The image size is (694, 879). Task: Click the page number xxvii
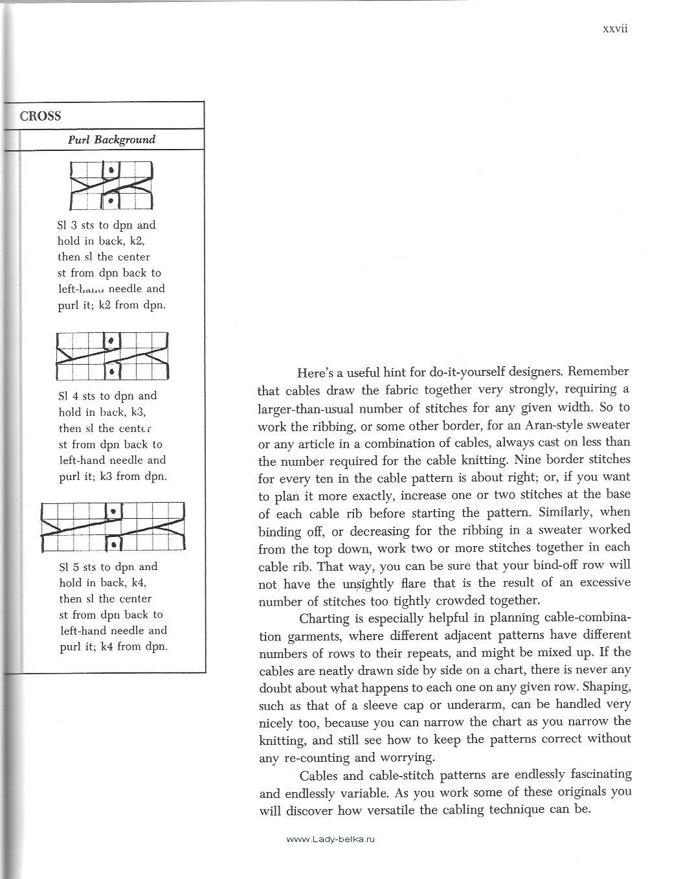616,29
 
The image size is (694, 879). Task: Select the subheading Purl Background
111,139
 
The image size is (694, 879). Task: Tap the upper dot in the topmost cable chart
111,170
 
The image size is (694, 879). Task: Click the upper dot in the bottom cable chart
114,511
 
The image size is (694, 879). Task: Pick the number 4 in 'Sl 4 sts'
73,396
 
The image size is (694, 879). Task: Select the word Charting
323,618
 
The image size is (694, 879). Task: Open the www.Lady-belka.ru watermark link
330,838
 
